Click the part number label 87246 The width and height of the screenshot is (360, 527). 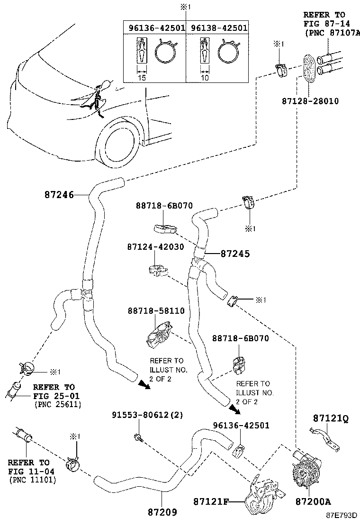pyautogui.click(x=59, y=194)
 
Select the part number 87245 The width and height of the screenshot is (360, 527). pyautogui.click(x=235, y=254)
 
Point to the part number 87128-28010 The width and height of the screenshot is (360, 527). pyautogui.click(x=311, y=101)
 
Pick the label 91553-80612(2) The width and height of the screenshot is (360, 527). pyautogui.click(x=147, y=415)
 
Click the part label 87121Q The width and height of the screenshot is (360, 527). pyautogui.click(x=330, y=418)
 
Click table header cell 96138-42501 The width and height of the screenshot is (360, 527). pyautogui.click(x=219, y=28)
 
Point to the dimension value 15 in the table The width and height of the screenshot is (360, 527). pyautogui.click(x=141, y=78)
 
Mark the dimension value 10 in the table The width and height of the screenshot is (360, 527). pyautogui.click(x=204, y=78)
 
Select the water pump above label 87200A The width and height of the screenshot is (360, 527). pyautogui.click(x=306, y=469)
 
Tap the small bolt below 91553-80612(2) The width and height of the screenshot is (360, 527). pyautogui.click(x=137, y=437)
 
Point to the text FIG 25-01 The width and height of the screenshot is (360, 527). pyautogui.click(x=56, y=396)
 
